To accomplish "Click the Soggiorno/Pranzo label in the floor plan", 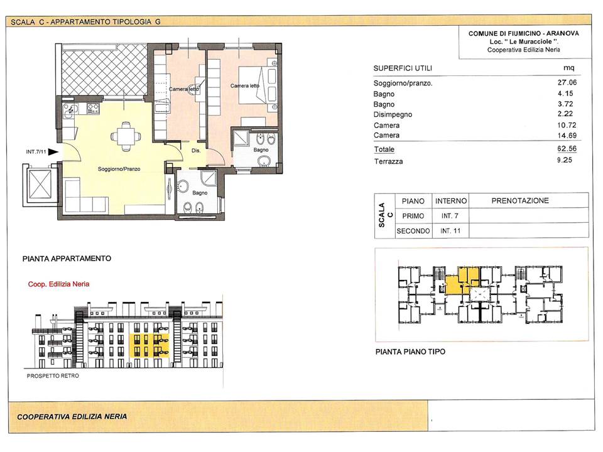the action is [x=119, y=169].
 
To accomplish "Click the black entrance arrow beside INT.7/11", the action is [x=53, y=152].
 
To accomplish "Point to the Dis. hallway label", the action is [x=196, y=151].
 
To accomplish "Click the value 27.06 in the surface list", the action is [x=567, y=82].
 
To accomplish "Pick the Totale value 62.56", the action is [x=567, y=149].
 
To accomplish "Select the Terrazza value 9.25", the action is [x=565, y=160].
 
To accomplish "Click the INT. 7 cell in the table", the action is [x=450, y=216].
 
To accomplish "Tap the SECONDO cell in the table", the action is [x=413, y=231].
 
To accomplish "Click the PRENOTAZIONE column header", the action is [x=520, y=201].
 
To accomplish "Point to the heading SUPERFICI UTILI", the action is [x=403, y=68].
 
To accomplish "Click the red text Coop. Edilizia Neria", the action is [x=58, y=284].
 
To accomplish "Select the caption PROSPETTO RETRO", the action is [x=53, y=376].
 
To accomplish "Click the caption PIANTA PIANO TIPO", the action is [x=410, y=352].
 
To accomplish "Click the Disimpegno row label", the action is [x=393, y=114].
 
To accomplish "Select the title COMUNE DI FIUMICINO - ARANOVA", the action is [x=523, y=33].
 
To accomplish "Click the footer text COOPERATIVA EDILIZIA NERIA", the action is [x=72, y=416].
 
